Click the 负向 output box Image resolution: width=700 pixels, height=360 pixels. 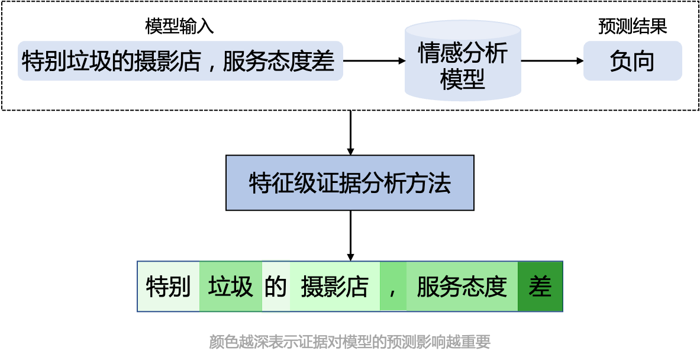pos(633,61)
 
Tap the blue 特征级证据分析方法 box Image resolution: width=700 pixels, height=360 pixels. pos(350,183)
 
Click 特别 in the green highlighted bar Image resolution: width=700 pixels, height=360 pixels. pos(168,287)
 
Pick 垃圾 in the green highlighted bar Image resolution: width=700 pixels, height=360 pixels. pos(231,287)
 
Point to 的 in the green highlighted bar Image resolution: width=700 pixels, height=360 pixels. pos(275,287)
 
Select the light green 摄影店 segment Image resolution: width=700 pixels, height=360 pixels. pos(335,287)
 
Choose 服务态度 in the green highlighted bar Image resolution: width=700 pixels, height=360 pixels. pos(462,287)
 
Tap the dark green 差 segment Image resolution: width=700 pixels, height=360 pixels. pos(540,287)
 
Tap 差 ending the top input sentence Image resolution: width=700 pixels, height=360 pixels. pos(323,61)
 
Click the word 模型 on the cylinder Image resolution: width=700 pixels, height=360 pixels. pos(463,78)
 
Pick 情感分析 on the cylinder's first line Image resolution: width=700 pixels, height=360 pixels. pos(463,53)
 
